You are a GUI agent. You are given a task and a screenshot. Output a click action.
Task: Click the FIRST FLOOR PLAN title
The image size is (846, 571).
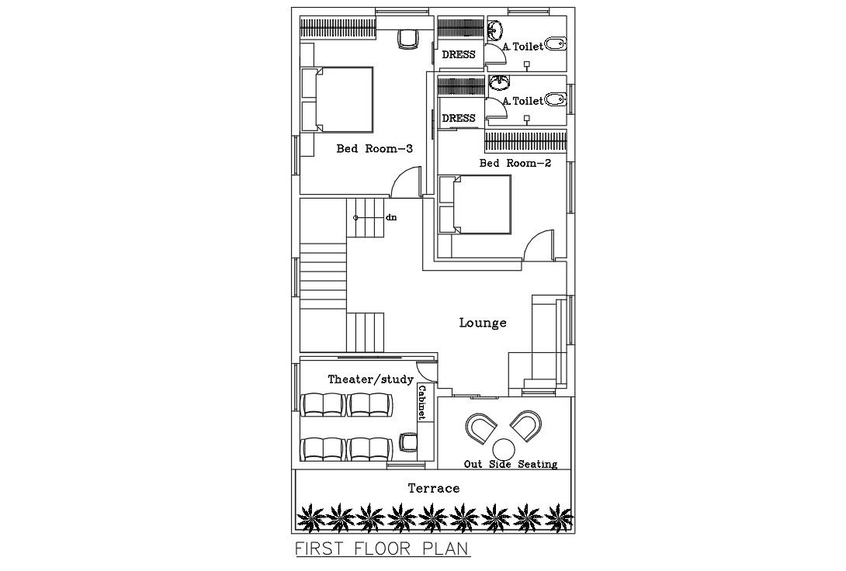[383, 550]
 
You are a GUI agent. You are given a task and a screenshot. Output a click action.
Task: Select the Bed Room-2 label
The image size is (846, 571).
[515, 163]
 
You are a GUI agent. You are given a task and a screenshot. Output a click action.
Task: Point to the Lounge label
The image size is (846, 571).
[482, 323]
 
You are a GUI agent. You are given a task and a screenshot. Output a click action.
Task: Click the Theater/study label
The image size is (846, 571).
[370, 379]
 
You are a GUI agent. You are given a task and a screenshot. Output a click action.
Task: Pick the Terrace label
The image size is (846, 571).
[434, 488]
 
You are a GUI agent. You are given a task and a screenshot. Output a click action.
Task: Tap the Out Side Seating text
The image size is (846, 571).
[510, 464]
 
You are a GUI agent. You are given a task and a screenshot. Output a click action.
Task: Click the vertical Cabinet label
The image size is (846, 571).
[422, 403]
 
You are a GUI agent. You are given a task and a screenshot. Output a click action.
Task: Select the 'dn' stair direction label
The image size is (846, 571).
[391, 218]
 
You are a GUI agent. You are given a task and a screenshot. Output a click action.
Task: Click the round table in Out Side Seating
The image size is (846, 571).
[504, 449]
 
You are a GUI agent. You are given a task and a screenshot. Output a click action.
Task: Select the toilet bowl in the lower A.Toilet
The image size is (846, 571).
[555, 99]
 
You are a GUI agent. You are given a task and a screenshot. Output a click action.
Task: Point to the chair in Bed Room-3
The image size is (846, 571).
[407, 38]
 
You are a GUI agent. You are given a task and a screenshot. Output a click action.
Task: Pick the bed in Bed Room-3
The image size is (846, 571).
[342, 99]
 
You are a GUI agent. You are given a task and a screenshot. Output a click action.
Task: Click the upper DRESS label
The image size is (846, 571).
[458, 55]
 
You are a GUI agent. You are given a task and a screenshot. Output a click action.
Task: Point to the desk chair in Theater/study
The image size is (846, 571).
[407, 442]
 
